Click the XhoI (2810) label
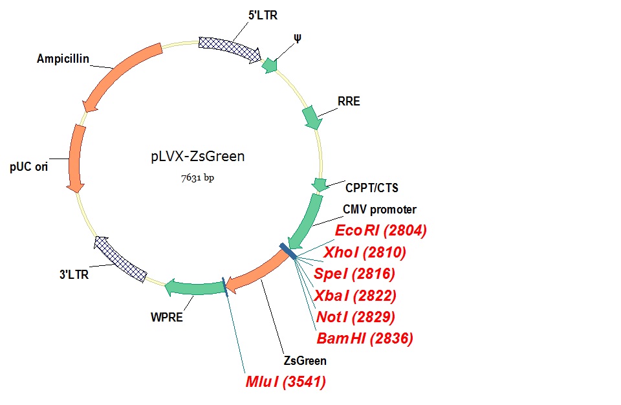coord(365,252)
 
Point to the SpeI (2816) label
coord(354,274)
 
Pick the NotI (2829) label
coord(355,317)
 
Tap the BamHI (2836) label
coord(365,338)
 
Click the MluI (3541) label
coord(285,382)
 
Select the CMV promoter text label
coord(380,209)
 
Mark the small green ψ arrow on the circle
coord(269,65)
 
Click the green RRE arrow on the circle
coord(312,117)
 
